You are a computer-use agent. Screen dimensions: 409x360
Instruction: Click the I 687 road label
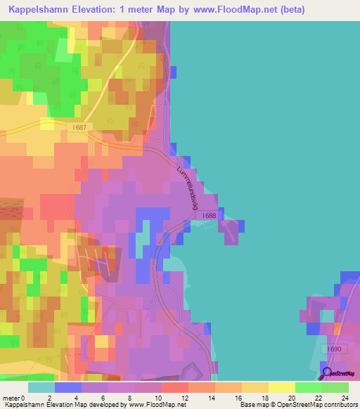click(80, 127)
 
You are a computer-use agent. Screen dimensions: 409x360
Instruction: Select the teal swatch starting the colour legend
click(41, 387)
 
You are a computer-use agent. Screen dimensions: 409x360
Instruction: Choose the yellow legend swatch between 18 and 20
click(281, 387)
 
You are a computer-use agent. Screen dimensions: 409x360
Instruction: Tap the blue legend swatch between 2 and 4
click(68, 387)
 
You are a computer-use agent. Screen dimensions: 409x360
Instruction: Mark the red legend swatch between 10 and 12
click(174, 387)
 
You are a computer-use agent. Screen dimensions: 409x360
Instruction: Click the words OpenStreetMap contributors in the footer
click(319, 404)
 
